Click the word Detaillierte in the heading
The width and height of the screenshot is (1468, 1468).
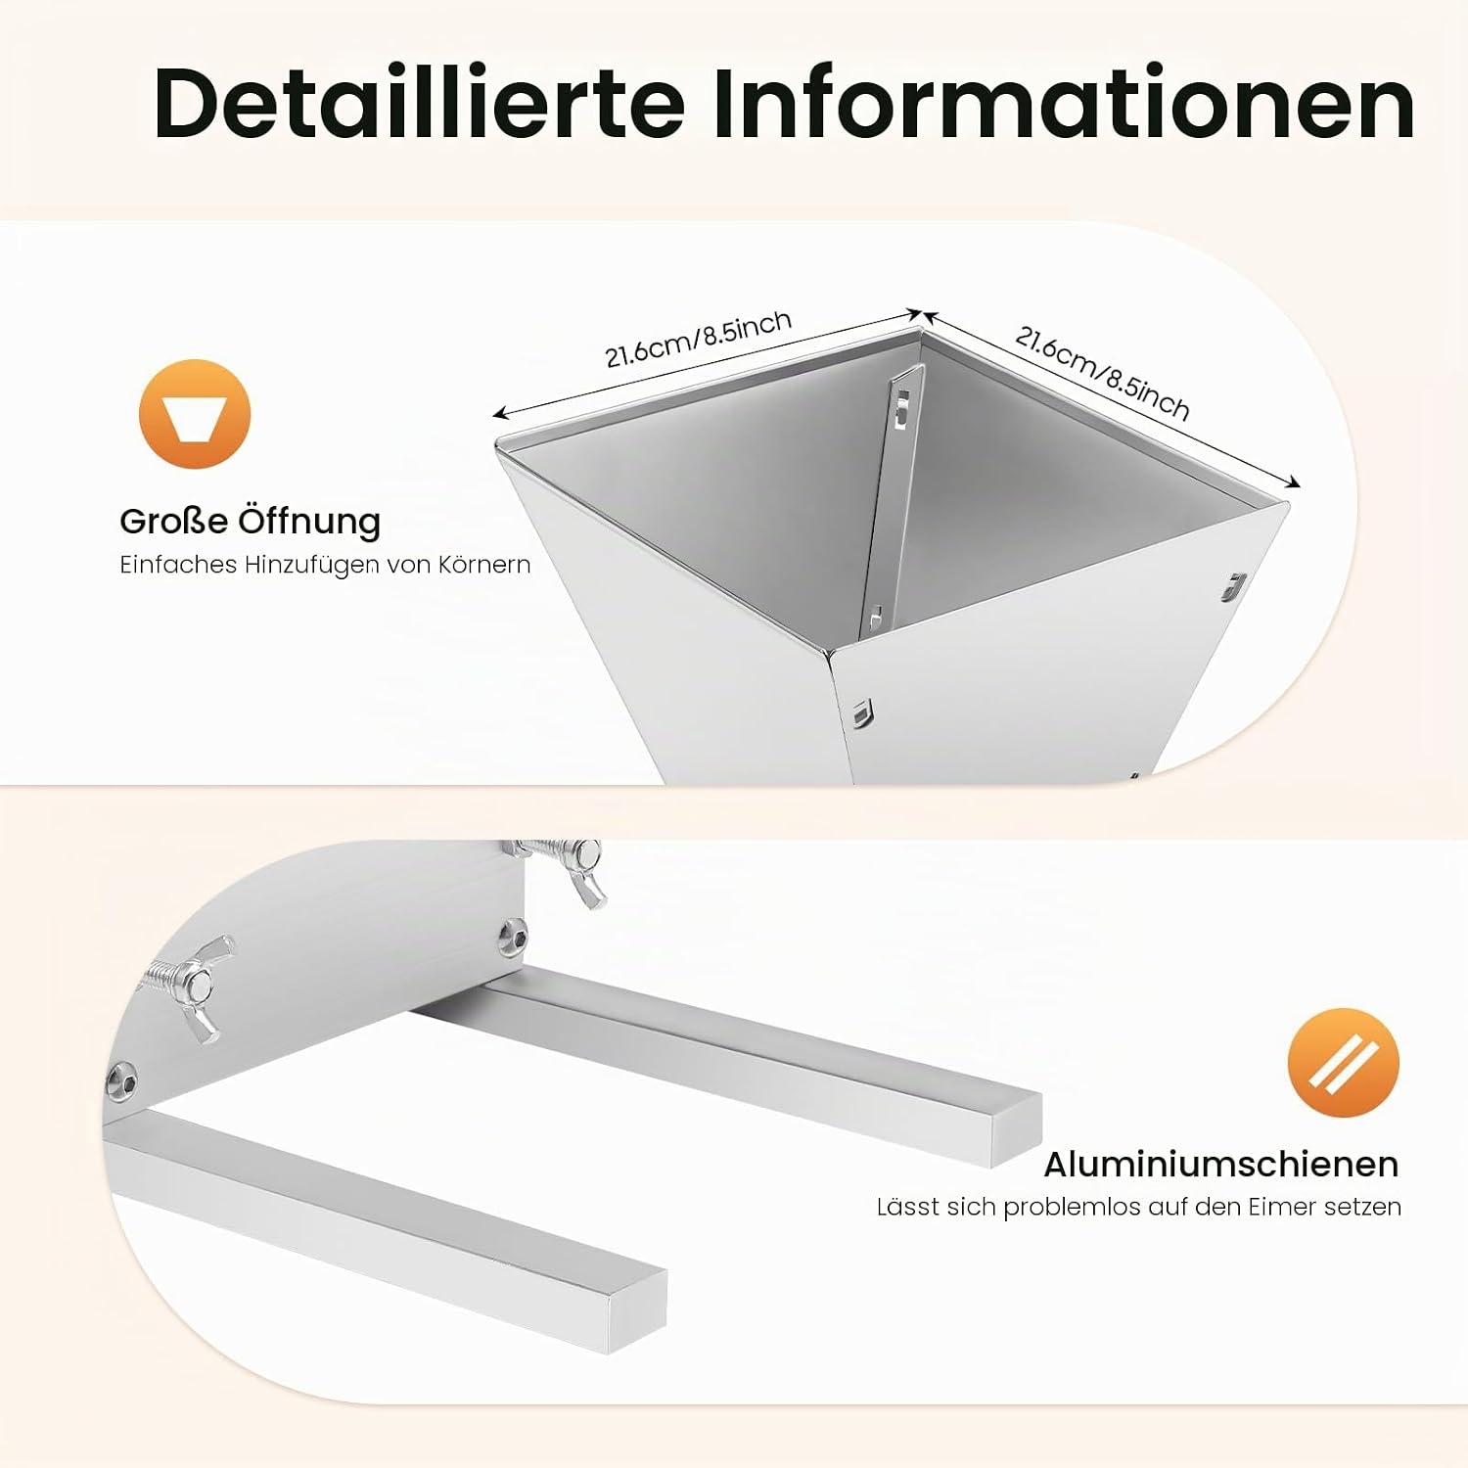point(419,103)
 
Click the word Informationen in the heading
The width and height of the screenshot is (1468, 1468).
point(1064,103)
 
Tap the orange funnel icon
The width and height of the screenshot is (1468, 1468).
point(195,414)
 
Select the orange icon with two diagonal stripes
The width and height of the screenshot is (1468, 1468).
point(1343,1063)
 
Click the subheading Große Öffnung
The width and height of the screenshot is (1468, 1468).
point(250,521)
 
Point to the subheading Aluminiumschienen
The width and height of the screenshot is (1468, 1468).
point(1221,1164)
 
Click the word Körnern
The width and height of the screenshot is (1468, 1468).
point(484,565)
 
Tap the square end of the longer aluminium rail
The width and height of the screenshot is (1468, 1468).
point(1016,1130)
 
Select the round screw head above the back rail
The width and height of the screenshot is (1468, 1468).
point(513,937)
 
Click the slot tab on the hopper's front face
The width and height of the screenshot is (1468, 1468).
point(862,713)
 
